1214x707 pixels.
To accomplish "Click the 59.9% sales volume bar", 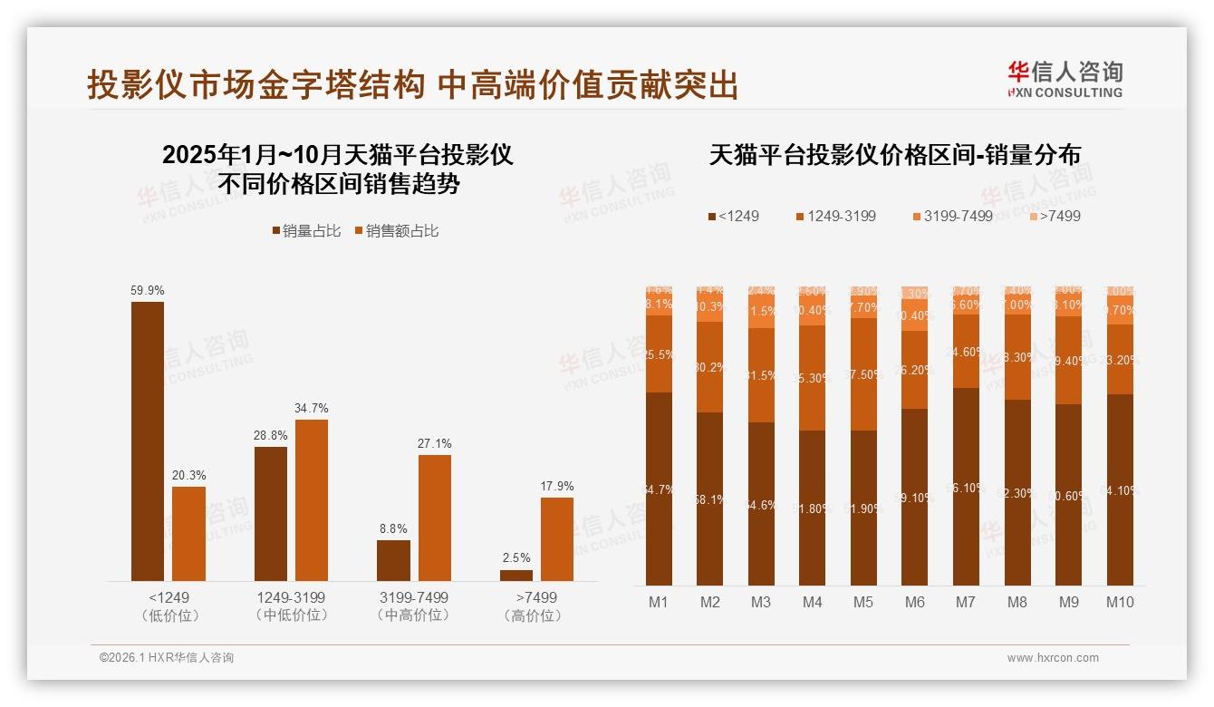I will [x=148, y=441].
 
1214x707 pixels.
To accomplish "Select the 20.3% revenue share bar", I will [x=188, y=534].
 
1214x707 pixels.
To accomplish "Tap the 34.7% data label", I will [x=312, y=409].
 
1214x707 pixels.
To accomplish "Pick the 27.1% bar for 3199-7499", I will [x=435, y=518].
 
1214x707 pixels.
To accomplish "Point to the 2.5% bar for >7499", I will [x=516, y=575].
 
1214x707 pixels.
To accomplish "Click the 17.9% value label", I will [x=557, y=487].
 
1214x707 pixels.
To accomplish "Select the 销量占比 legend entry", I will [x=306, y=231].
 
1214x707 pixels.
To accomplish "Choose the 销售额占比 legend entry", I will [x=396, y=231].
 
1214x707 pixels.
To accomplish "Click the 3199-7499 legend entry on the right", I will [x=952, y=217].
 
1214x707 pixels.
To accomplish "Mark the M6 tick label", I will [x=914, y=602].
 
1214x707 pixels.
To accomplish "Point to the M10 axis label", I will [x=1120, y=602].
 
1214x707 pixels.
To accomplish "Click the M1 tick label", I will [x=659, y=602].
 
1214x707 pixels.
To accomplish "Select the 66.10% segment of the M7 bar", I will [x=967, y=487].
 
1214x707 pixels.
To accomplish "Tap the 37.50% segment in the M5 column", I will [x=864, y=374].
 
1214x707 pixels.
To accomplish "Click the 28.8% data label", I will [x=271, y=436].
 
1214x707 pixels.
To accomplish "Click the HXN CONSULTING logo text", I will [x=1065, y=92].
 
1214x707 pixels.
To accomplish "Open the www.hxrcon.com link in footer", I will [x=1053, y=658].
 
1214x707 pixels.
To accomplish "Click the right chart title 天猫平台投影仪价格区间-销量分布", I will [x=894, y=155].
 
